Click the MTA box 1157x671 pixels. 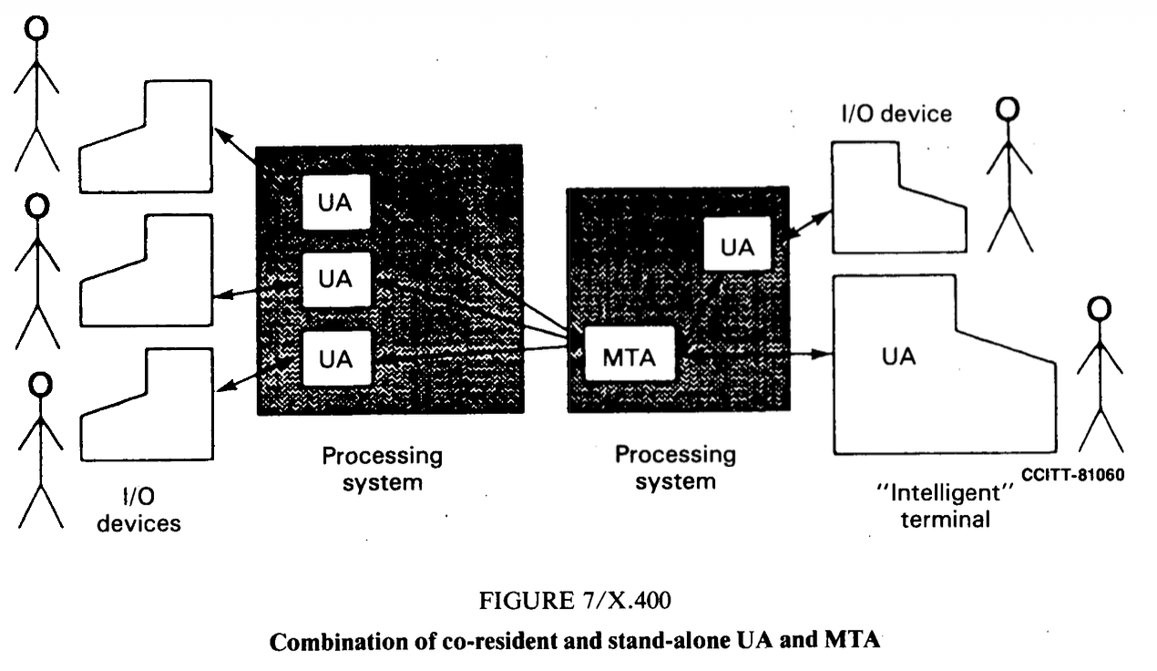(629, 356)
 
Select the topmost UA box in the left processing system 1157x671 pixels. (336, 202)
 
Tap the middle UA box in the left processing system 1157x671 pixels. (336, 280)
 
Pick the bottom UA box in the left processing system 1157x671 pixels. (336, 358)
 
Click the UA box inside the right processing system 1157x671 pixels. (737, 245)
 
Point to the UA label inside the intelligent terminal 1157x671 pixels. (898, 356)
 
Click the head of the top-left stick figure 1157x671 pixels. (36, 28)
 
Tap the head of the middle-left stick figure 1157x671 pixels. (36, 207)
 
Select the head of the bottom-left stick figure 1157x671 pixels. (40, 384)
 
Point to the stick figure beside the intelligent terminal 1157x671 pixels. (1101, 374)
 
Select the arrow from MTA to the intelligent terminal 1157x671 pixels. (756, 352)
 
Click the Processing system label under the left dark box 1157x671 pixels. (382, 468)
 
